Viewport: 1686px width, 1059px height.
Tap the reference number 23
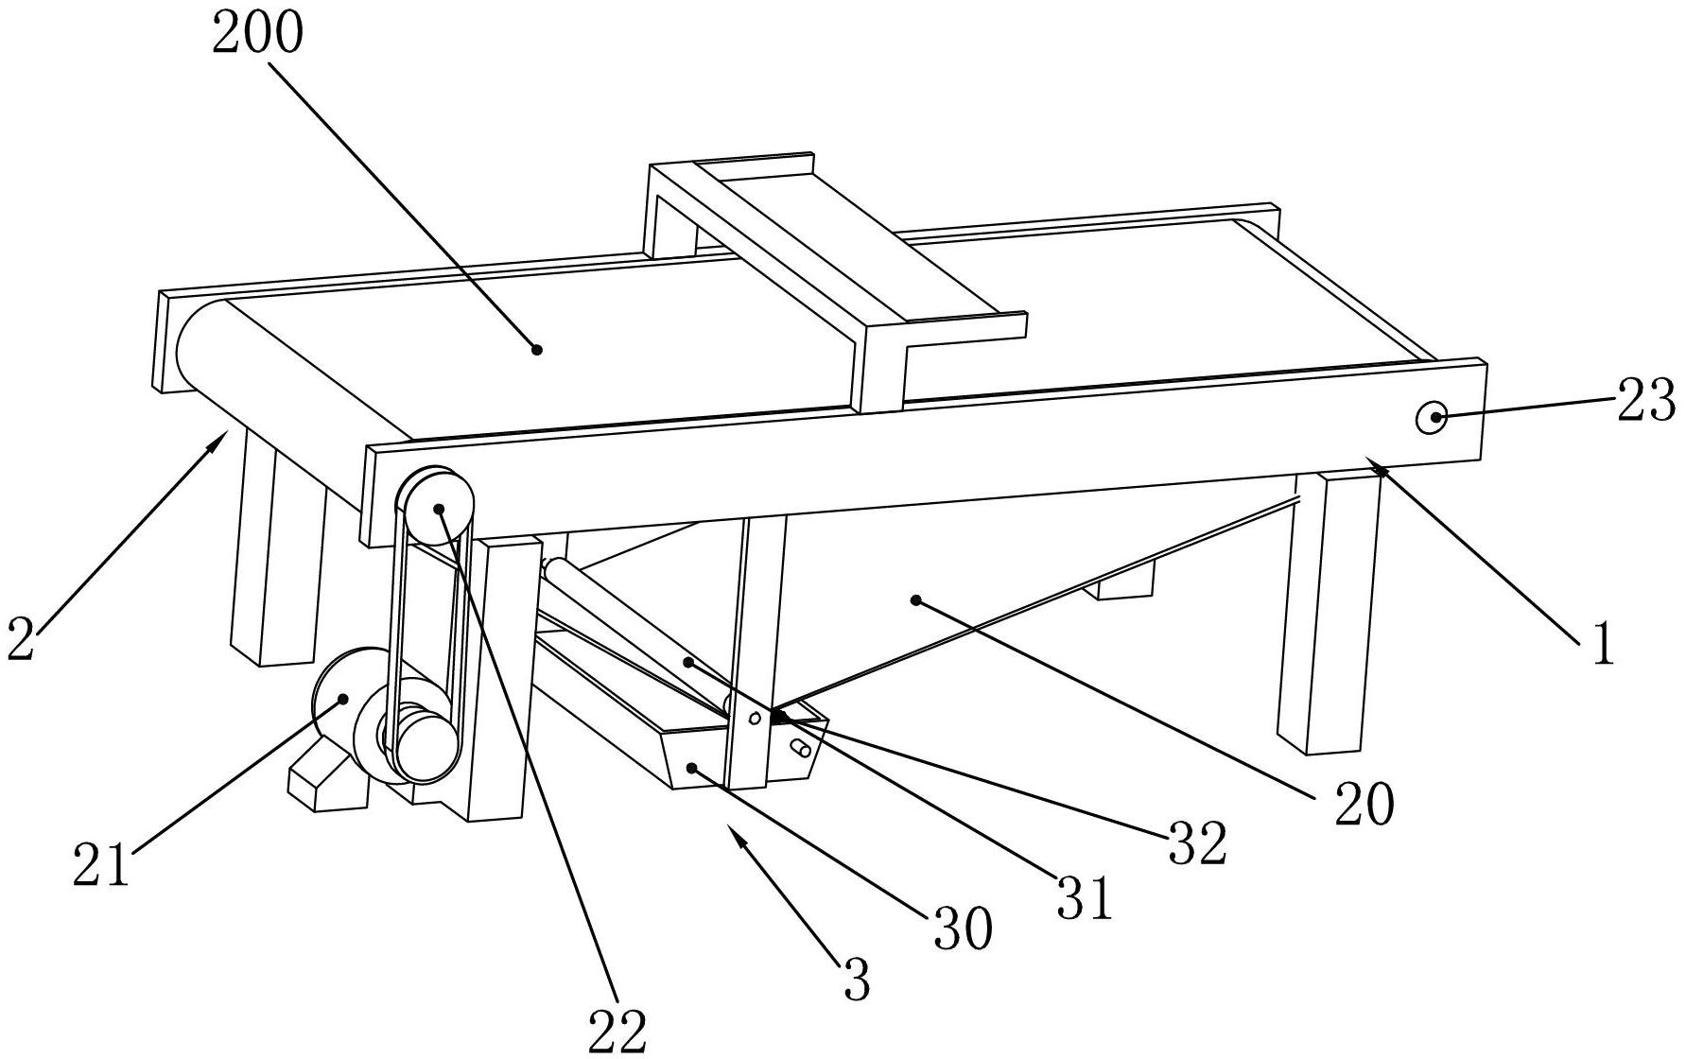click(x=1646, y=400)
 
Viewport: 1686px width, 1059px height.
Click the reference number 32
click(x=1198, y=842)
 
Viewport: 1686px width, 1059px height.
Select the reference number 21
click(x=101, y=865)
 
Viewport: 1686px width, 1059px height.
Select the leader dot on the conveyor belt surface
click(x=537, y=349)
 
